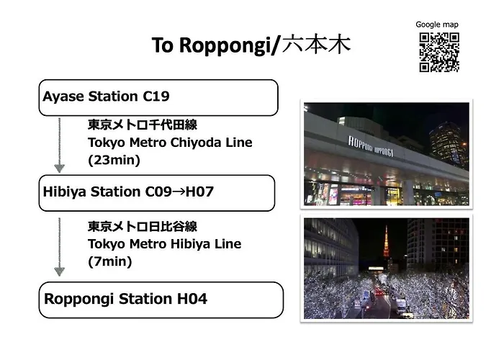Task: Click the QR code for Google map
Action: [x=439, y=52]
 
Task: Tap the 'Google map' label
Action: [x=437, y=24]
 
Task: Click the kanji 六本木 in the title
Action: [x=316, y=45]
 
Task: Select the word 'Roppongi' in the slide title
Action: [x=225, y=45]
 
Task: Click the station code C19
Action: [x=156, y=96]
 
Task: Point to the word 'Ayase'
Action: [x=63, y=96]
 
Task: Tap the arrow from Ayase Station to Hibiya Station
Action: [x=60, y=145]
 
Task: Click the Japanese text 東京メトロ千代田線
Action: [x=143, y=125]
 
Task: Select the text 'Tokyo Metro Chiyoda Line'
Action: [x=170, y=143]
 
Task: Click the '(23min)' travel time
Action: [x=114, y=160]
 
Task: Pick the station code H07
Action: [x=199, y=192]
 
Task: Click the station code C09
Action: [x=158, y=192]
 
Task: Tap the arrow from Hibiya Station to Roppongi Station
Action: [x=60, y=247]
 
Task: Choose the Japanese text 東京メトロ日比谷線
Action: [x=143, y=226]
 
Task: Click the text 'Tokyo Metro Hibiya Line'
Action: [x=165, y=244]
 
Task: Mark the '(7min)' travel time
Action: [x=110, y=261]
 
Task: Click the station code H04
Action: [x=192, y=299]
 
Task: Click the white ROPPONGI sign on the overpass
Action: [x=371, y=146]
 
